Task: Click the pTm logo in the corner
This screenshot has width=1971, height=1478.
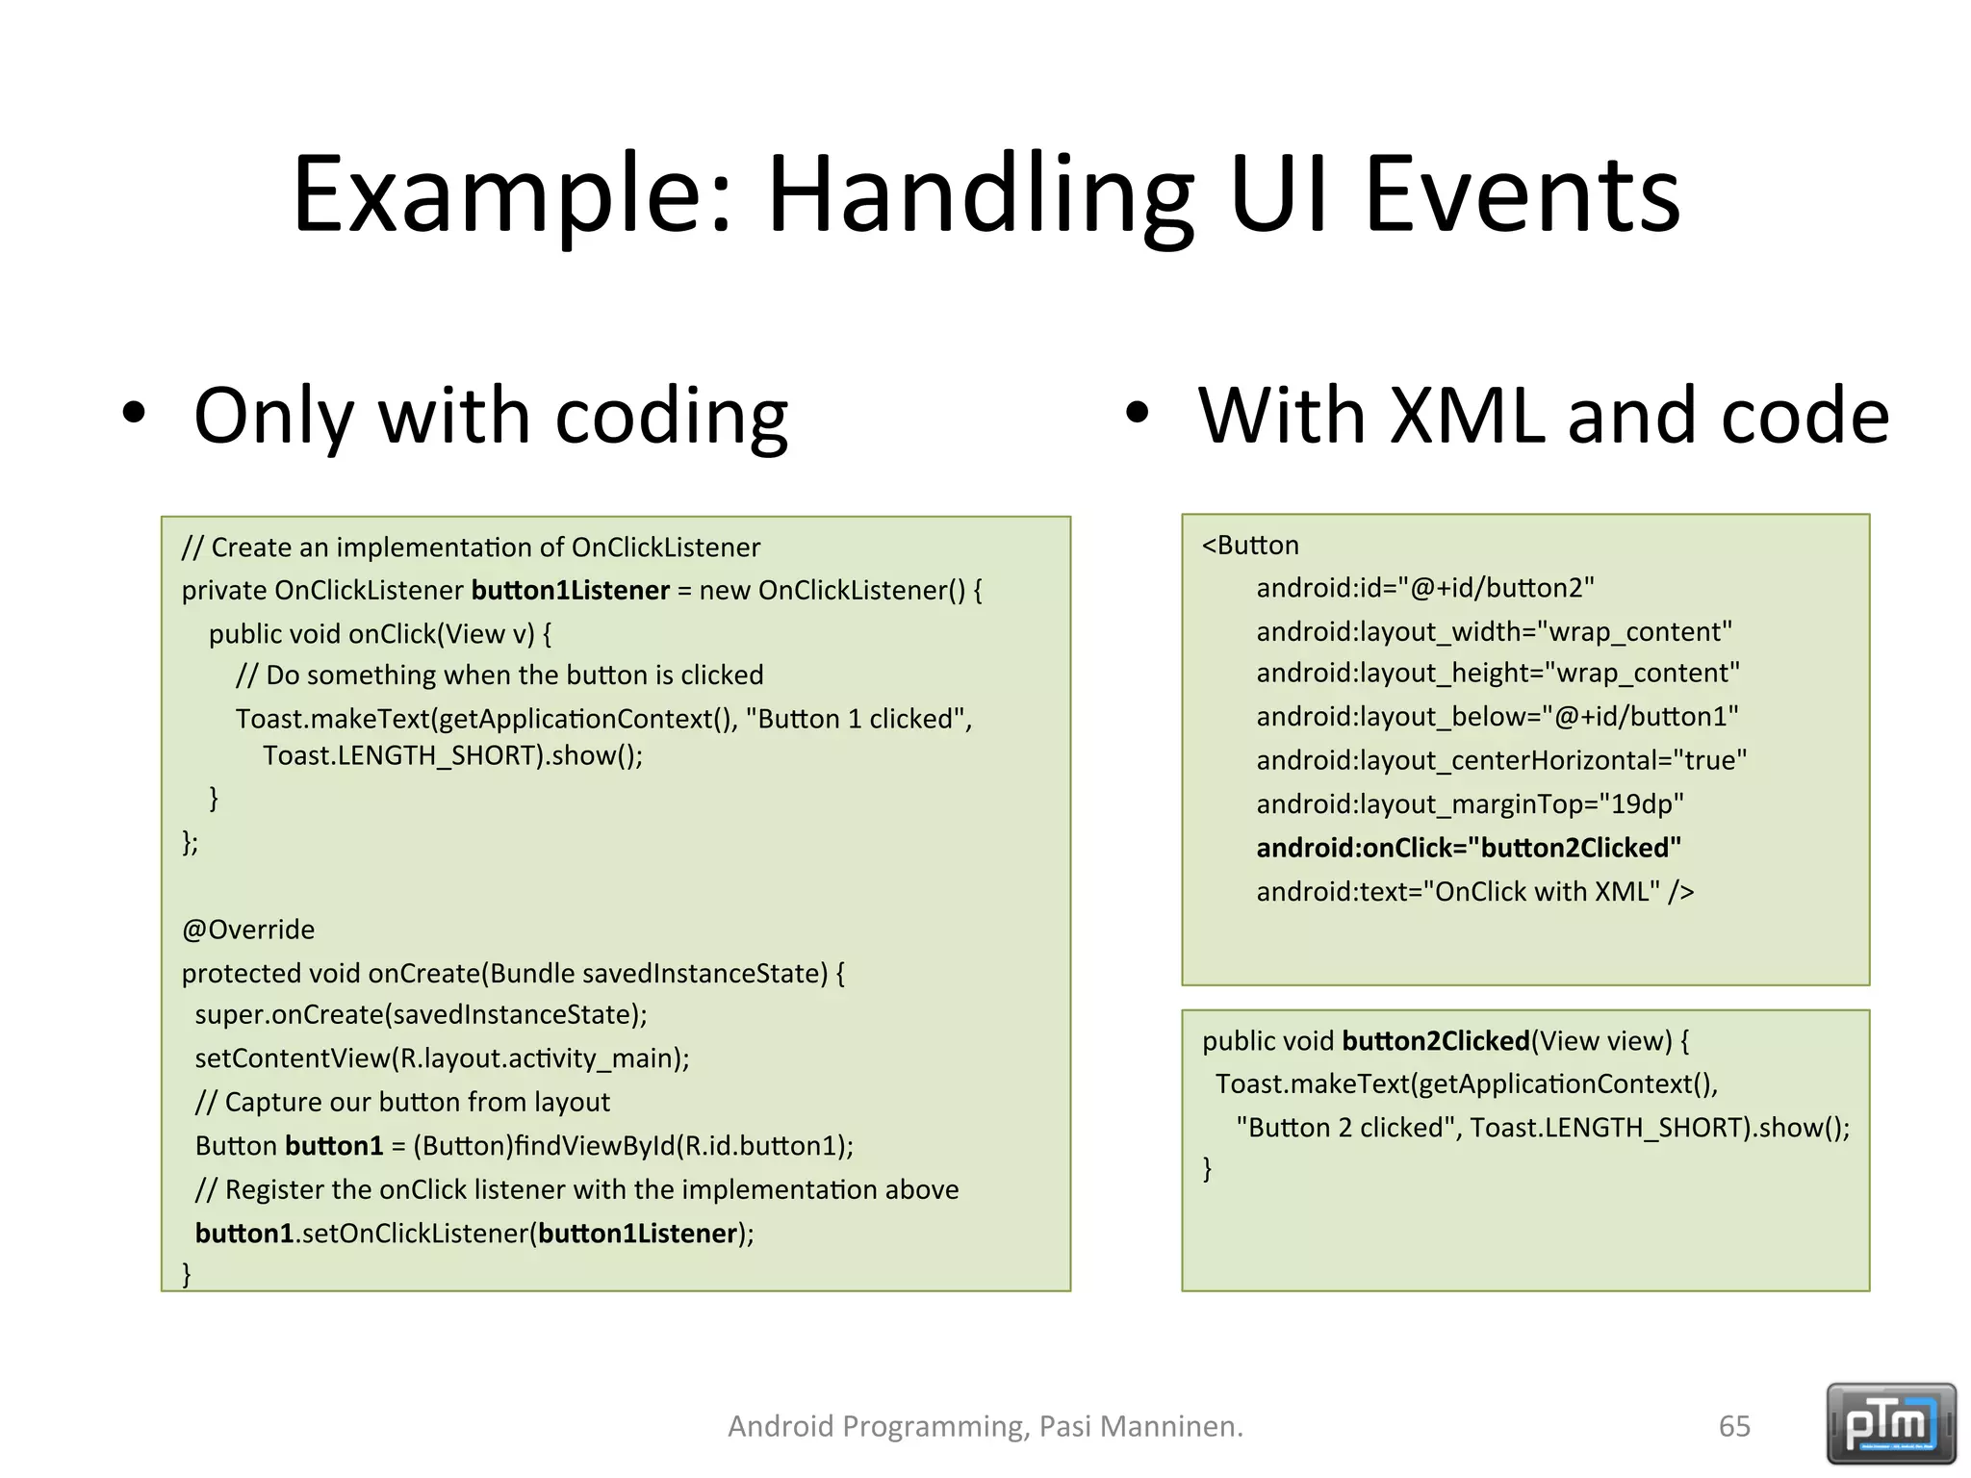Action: (x=1890, y=1422)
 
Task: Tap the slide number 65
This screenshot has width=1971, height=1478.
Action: (x=1734, y=1426)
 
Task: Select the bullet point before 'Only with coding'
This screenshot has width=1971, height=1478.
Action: (x=134, y=416)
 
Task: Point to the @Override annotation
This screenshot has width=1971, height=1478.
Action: (x=248, y=930)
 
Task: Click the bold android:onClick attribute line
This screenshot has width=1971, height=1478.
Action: (x=1468, y=848)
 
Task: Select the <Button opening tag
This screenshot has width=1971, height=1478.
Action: (x=1250, y=546)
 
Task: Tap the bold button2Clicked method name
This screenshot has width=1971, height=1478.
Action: (x=1435, y=1041)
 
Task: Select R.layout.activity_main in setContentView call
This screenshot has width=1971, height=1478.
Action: (x=540, y=1058)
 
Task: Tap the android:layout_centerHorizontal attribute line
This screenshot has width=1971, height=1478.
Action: (x=1500, y=761)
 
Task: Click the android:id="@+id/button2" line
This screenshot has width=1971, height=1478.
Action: (x=1424, y=588)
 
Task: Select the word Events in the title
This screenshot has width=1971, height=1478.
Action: (x=1523, y=197)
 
